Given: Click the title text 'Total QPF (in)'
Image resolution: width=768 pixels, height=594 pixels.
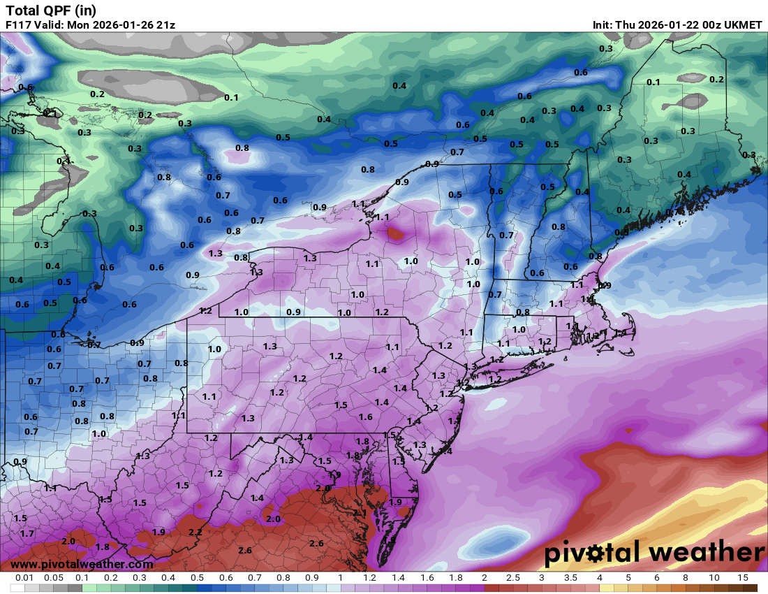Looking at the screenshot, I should click(51, 10).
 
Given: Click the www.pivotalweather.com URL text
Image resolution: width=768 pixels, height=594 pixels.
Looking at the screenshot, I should click(82, 564).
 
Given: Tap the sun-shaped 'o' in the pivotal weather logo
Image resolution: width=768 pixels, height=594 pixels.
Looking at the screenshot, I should click(596, 554).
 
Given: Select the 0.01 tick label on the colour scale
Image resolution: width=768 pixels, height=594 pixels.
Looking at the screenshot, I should click(25, 579).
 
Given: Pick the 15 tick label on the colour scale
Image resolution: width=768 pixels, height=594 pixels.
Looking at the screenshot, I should click(742, 579).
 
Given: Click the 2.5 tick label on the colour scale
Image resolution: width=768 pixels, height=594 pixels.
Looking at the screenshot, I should click(513, 579).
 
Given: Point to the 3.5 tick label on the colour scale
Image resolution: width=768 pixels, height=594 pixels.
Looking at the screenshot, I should click(570, 579).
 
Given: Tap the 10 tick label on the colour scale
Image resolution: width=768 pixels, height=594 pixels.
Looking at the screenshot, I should click(714, 579).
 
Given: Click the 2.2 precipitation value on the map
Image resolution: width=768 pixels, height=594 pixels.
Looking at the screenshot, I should click(195, 532).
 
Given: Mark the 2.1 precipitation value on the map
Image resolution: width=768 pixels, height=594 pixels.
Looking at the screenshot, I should click(360, 513).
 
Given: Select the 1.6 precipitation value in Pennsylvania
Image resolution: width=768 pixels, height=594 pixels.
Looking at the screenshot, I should click(365, 416).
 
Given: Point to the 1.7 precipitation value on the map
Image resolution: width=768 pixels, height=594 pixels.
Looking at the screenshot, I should click(27, 533).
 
